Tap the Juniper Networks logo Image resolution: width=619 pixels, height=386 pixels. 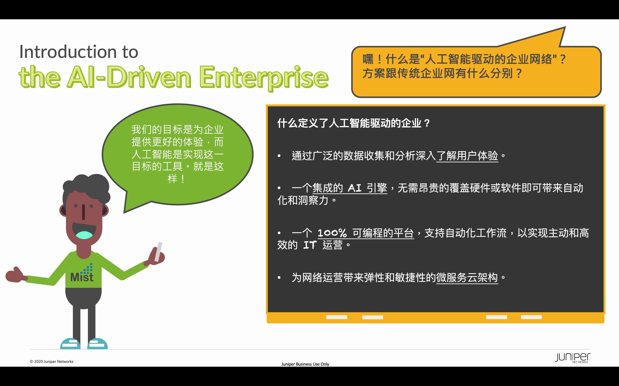[x=572, y=358]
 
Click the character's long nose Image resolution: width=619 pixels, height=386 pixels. [x=83, y=212]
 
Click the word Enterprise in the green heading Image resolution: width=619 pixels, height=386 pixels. [x=264, y=77]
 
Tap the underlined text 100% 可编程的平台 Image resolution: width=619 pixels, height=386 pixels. [x=366, y=233]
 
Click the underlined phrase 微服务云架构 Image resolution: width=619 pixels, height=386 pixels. [x=467, y=277]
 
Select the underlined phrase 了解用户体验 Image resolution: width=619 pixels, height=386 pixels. [x=467, y=156]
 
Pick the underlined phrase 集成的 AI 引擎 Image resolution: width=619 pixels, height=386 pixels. [x=350, y=188]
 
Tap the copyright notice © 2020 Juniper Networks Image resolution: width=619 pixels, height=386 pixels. [x=52, y=362]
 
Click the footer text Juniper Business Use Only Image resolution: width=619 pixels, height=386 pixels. [x=305, y=364]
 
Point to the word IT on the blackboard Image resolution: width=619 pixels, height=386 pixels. [x=310, y=245]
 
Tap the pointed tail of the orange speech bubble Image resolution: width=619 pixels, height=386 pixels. [x=565, y=27]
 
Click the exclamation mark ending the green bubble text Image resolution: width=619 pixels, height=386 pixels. [x=183, y=179]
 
